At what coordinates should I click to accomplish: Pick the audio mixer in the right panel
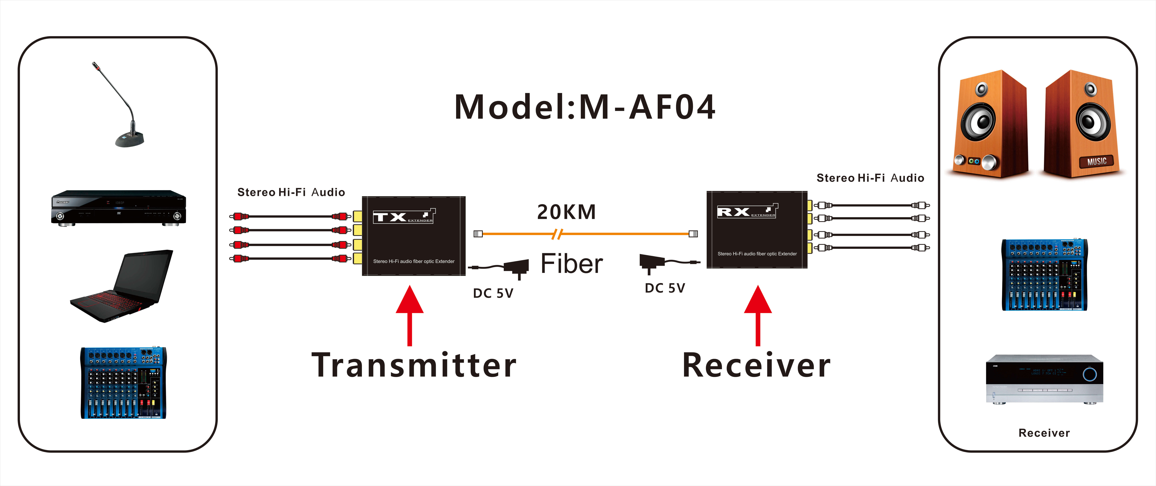[1044, 275]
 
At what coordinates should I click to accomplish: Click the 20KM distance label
[566, 212]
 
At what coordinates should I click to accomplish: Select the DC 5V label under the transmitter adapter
[493, 293]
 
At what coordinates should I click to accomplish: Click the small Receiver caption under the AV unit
[1044, 433]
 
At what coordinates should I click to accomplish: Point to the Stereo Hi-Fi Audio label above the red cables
[291, 192]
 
